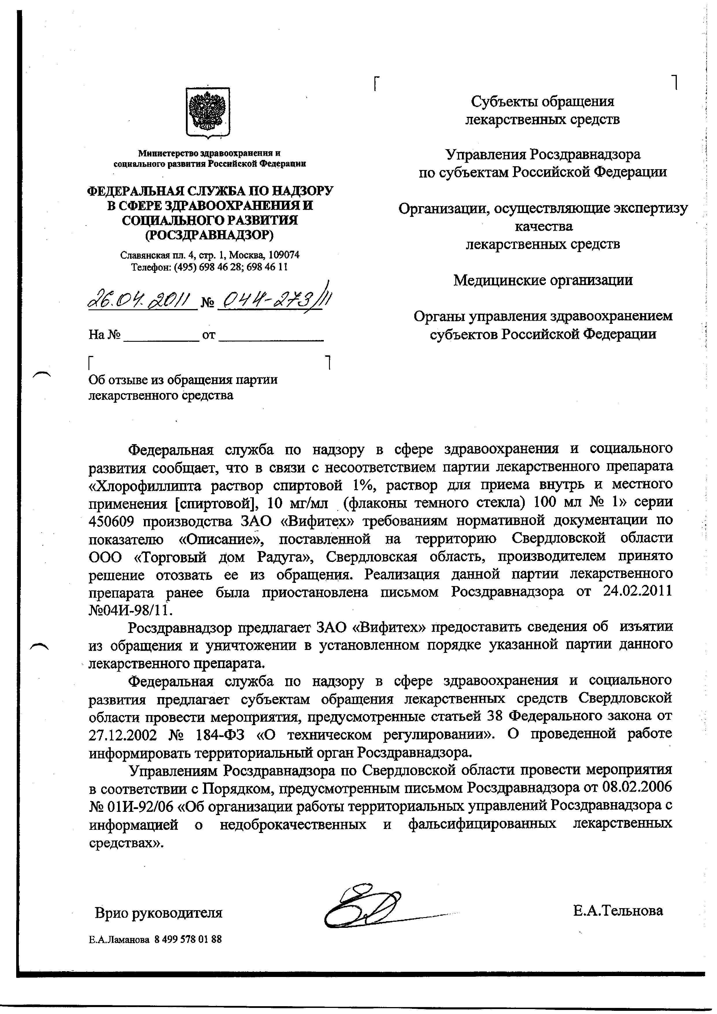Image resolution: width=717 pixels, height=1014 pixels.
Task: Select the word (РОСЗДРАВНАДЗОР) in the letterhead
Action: (x=209, y=235)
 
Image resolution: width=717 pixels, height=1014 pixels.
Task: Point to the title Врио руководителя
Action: (x=159, y=913)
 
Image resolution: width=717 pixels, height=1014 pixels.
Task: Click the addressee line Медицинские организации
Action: (x=543, y=280)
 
